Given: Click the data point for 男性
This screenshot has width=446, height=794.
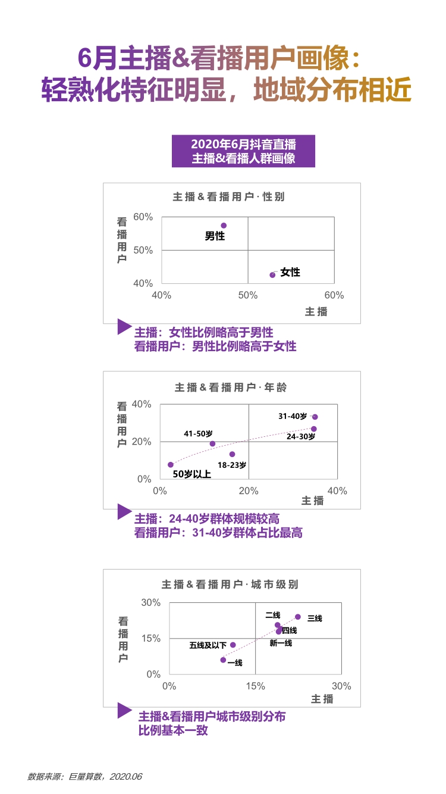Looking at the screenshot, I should [x=224, y=226].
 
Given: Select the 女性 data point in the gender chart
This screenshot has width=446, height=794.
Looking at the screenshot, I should [x=272, y=275].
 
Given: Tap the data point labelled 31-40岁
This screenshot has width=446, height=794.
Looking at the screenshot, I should [x=315, y=417].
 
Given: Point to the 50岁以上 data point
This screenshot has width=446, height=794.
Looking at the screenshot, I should [x=171, y=465].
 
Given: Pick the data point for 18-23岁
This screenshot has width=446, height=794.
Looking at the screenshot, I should [x=232, y=454].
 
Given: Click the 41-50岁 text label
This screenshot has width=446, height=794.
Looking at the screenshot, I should [x=198, y=433].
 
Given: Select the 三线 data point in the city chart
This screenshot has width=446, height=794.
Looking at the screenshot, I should [x=298, y=617].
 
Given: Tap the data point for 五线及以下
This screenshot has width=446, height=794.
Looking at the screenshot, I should [x=233, y=645].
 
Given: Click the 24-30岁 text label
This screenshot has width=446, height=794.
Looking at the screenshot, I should [x=301, y=436].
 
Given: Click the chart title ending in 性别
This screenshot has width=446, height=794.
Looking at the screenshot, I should [x=229, y=196].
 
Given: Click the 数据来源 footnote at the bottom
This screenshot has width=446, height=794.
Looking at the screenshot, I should [x=85, y=776].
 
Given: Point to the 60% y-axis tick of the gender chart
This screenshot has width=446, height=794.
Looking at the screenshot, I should [x=143, y=217].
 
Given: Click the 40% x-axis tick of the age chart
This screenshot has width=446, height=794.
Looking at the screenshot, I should [x=337, y=491].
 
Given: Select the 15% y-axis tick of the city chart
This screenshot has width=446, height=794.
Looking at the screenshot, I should [x=150, y=638].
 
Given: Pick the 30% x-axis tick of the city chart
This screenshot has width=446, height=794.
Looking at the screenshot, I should [x=341, y=686].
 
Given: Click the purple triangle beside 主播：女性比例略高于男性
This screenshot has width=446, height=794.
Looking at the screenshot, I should [x=124, y=326].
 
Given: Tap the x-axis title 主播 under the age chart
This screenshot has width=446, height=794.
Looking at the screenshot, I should [x=312, y=501].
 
